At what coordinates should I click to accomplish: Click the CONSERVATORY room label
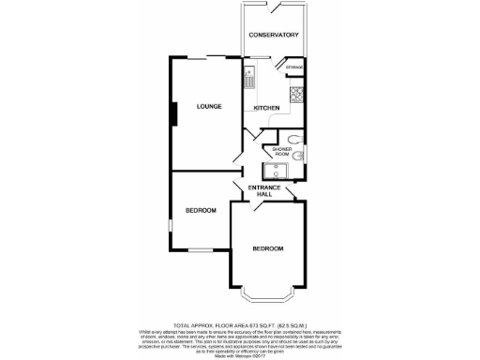(x=274, y=35)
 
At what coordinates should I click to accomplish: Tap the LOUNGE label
(x=208, y=106)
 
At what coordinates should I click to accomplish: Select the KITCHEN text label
(x=266, y=109)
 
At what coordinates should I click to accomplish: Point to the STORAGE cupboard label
(x=295, y=67)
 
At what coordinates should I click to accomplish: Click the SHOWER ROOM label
(x=282, y=153)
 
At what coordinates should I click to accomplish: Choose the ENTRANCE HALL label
(x=264, y=191)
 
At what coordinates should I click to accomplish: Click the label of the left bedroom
(x=200, y=210)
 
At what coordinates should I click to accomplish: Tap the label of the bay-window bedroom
(x=268, y=248)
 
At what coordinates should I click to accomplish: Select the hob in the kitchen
(x=297, y=92)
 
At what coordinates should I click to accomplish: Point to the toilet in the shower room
(x=297, y=142)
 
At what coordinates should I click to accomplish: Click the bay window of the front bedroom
(x=268, y=298)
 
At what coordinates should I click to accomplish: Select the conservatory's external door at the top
(x=275, y=7)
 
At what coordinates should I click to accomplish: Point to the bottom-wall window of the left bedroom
(x=199, y=250)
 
